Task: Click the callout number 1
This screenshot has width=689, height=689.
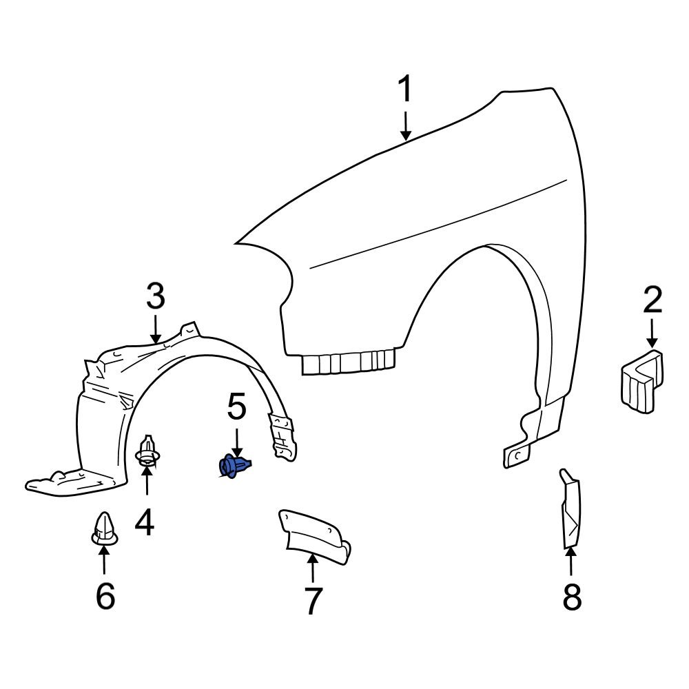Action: point(406,91)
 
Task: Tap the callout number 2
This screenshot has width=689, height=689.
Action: point(652,301)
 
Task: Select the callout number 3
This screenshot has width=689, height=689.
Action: point(156,296)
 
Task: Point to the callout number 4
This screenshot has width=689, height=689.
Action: point(145,523)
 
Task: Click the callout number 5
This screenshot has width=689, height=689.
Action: point(236,408)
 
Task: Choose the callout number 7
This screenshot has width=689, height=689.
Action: point(313,601)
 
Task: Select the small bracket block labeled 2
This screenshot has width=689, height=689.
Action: point(640,382)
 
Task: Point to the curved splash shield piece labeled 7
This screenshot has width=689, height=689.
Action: point(313,533)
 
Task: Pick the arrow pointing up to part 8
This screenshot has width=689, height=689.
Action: point(571,562)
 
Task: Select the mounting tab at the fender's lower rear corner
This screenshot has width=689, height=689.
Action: point(518,454)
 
